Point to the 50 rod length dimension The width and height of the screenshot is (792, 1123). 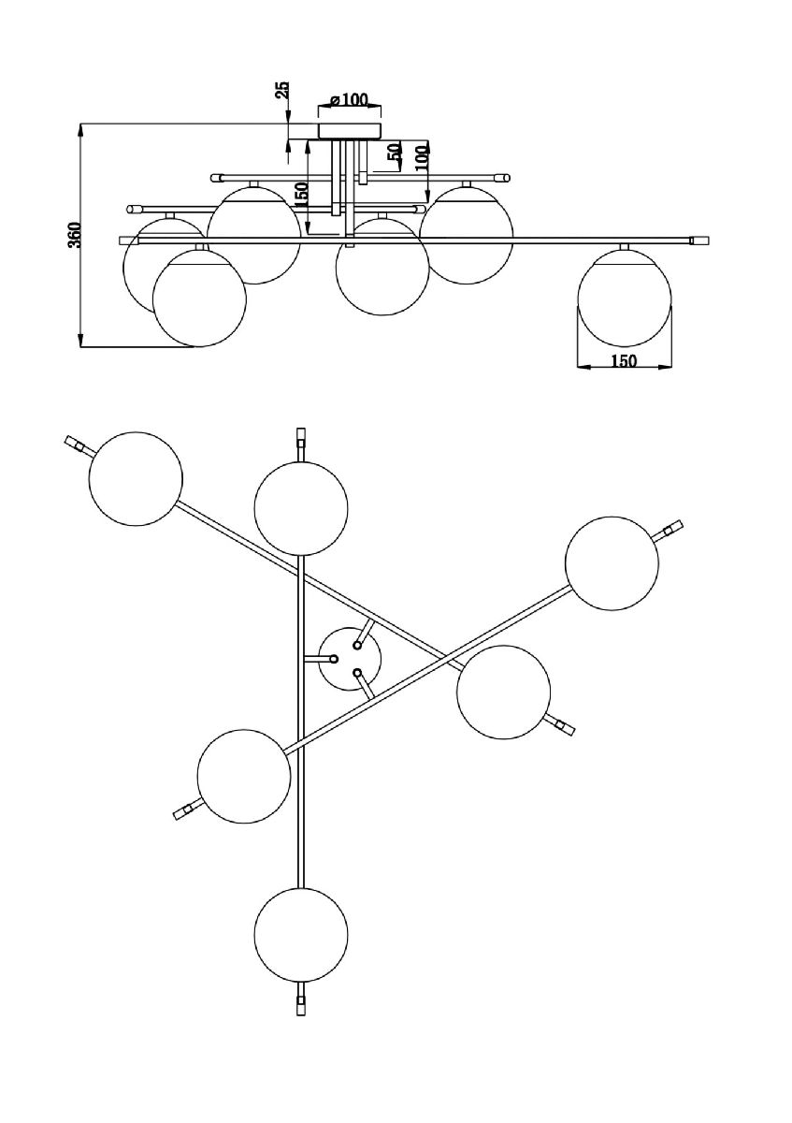[x=395, y=155]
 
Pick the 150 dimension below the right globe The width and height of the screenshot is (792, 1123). [x=624, y=361]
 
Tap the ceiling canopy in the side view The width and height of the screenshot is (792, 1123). [x=351, y=129]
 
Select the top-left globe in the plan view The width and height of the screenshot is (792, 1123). [x=136, y=477]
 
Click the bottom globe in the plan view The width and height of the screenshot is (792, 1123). [x=301, y=934]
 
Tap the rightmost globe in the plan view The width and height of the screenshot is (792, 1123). [x=612, y=563]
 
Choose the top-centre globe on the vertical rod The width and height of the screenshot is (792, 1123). [x=301, y=508]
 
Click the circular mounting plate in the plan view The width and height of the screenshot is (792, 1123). [x=350, y=658]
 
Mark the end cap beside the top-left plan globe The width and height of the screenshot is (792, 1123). [x=75, y=444]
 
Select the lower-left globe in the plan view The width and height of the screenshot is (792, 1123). [x=244, y=775]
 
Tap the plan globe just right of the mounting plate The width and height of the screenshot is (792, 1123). [x=503, y=693]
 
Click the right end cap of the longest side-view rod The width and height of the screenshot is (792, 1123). [x=697, y=241]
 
